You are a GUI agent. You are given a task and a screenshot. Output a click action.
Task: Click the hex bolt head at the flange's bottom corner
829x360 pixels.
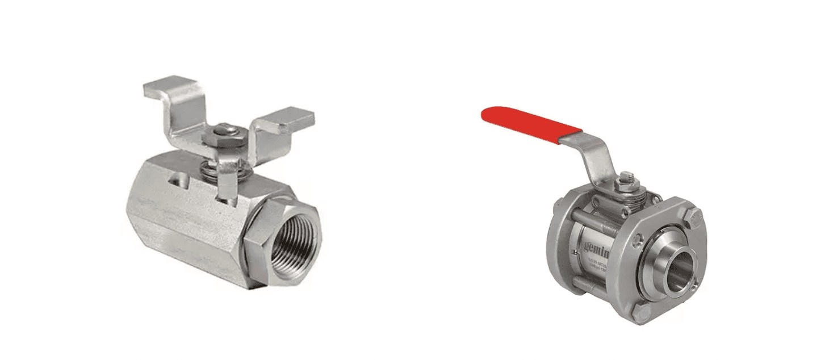point(642,313)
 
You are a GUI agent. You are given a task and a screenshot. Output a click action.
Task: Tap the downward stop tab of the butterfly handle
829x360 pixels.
point(227,185)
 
